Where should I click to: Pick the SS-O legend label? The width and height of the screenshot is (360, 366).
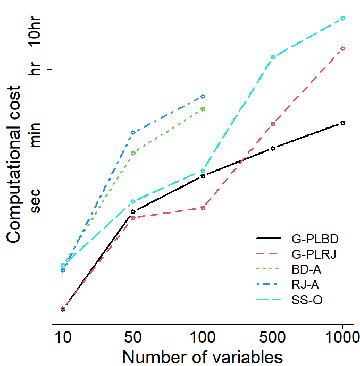click(x=307, y=300)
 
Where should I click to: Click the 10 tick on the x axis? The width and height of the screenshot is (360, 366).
click(x=63, y=337)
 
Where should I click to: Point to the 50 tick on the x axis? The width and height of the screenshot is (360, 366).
click(x=133, y=337)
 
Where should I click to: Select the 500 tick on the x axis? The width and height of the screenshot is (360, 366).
click(x=273, y=337)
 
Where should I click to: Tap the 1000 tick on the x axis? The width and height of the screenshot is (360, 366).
click(x=342, y=337)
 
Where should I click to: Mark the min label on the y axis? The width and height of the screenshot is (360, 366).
click(x=35, y=135)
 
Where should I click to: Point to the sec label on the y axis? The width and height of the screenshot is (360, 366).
click(x=35, y=201)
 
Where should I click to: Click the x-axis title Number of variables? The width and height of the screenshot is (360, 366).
click(x=202, y=356)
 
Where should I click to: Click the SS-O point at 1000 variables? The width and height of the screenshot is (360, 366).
click(x=342, y=18)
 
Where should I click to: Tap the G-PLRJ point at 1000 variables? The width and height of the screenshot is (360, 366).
click(x=342, y=48)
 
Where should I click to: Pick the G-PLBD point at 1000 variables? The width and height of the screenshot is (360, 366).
click(x=342, y=123)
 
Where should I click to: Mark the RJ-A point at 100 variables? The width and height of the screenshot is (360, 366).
click(x=203, y=96)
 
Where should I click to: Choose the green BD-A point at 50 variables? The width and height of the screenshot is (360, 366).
click(x=133, y=153)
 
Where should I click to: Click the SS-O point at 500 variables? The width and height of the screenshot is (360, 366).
click(x=273, y=57)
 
